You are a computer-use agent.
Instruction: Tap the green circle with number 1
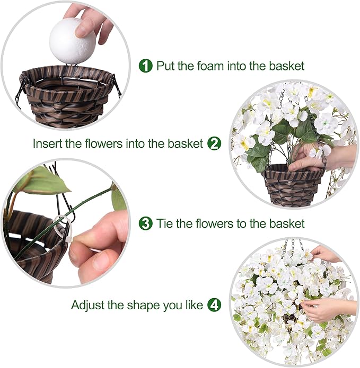145,66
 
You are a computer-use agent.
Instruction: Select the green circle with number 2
214,143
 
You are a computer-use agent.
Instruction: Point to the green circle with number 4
214,305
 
